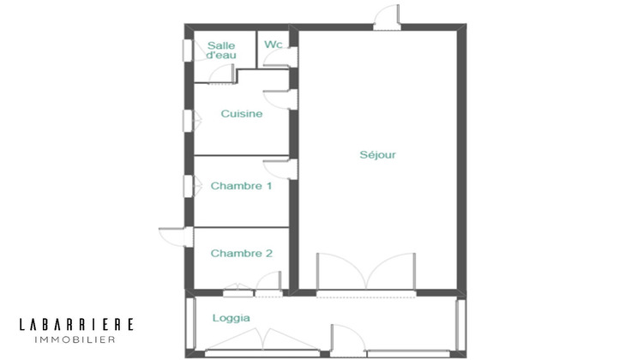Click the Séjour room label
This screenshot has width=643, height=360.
(x=378, y=155)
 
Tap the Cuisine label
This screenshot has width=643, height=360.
(x=241, y=113)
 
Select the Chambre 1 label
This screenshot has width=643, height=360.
(x=241, y=185)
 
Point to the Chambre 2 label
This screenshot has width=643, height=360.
(x=241, y=253)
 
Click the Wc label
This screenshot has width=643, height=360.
(x=273, y=45)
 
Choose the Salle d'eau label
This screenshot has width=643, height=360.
(x=221, y=50)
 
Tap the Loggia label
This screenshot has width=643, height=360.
(x=231, y=318)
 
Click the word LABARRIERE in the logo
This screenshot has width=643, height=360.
(x=76, y=324)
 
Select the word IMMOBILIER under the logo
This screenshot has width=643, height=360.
(x=76, y=339)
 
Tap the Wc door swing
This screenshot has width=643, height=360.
(x=277, y=58)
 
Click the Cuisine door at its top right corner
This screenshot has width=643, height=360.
(x=279, y=98)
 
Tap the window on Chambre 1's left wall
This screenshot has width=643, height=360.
(x=187, y=185)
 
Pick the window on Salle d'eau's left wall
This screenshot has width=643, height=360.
(x=187, y=50)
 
